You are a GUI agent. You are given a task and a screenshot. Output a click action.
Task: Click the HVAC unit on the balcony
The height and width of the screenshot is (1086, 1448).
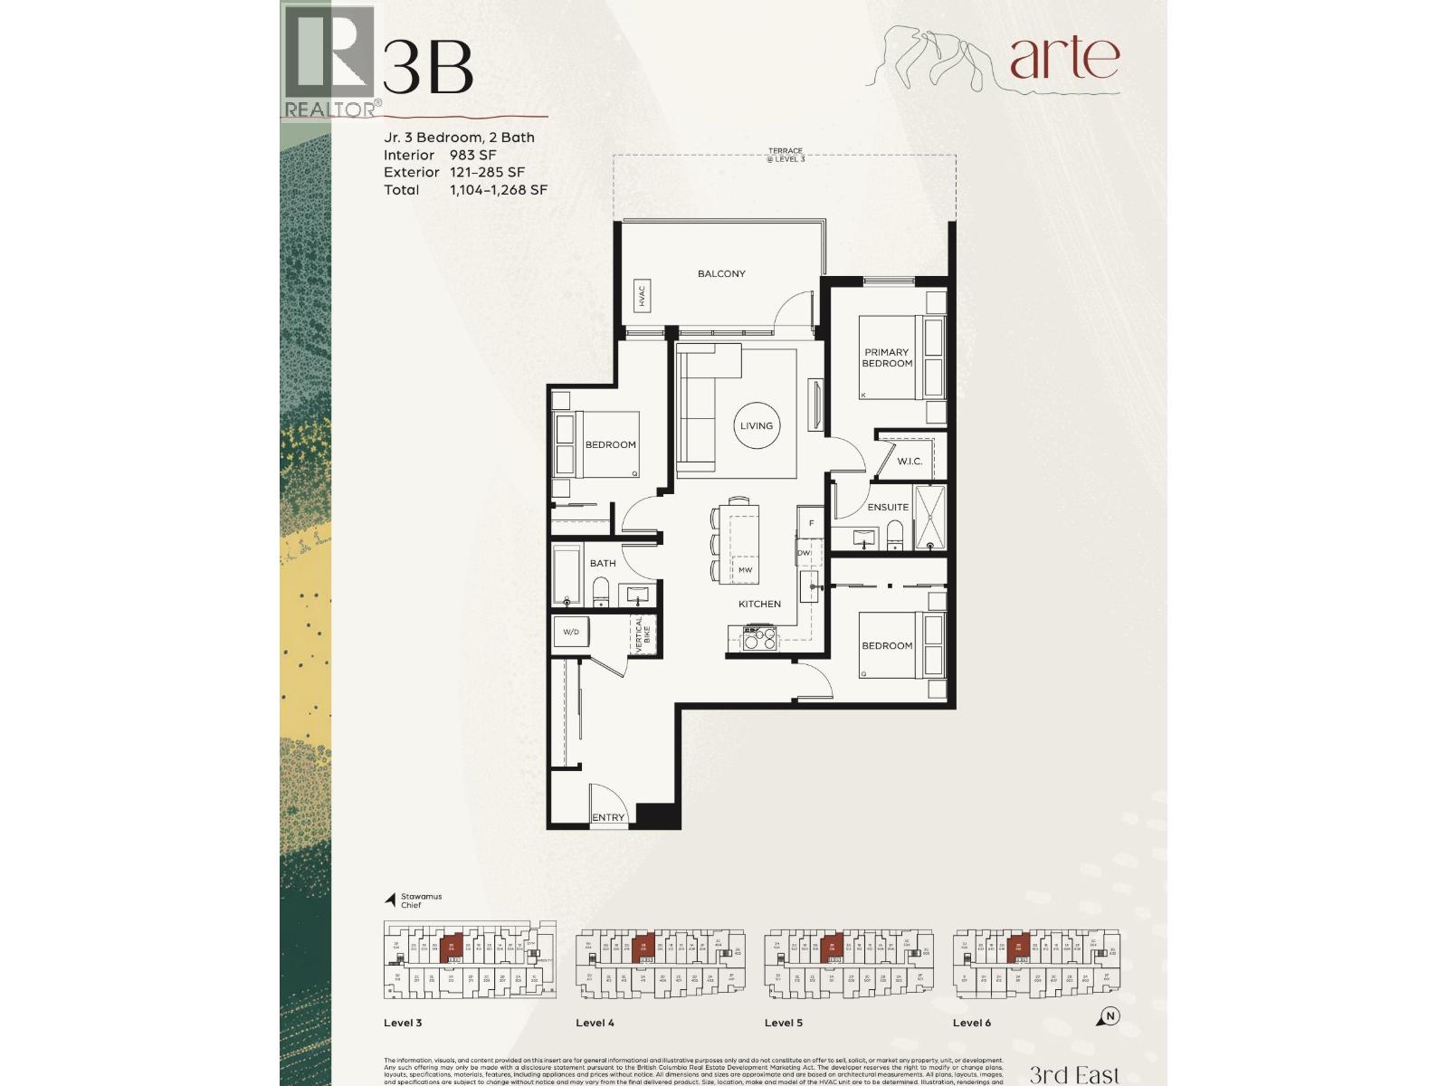(x=642, y=295)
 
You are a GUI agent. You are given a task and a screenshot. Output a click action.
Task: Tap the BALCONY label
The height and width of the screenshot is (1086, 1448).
(x=721, y=273)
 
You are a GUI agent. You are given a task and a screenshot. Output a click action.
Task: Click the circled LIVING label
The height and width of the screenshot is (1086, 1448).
(x=757, y=425)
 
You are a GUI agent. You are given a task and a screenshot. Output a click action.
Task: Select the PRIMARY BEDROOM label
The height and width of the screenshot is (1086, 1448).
(x=887, y=357)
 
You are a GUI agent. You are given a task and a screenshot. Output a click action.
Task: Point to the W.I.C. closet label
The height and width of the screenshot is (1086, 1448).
(x=910, y=462)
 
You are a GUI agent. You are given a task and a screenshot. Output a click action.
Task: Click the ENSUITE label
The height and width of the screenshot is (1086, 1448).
(x=888, y=507)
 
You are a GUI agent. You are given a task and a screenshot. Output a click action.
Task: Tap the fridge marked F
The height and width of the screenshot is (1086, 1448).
(x=812, y=523)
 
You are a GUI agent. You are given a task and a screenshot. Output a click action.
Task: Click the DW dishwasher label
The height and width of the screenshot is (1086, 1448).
(x=803, y=553)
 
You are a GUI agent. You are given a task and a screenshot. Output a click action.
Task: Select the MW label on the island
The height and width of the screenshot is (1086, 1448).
(x=745, y=570)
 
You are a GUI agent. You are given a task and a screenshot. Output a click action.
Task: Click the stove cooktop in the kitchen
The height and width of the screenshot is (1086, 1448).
(x=759, y=638)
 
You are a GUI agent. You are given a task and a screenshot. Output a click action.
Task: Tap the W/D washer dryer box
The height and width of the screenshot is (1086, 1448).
(x=571, y=632)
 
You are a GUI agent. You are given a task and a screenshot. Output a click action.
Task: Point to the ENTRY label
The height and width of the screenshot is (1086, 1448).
(x=608, y=817)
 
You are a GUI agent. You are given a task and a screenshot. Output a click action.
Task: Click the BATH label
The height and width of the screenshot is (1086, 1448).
(x=603, y=563)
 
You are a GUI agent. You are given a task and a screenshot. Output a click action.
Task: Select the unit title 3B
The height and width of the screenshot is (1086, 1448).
(x=427, y=66)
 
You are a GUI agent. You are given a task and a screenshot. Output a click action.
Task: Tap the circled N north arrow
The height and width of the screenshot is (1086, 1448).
(x=1110, y=1016)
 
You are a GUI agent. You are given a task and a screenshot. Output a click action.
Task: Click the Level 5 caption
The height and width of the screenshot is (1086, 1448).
(x=784, y=1023)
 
